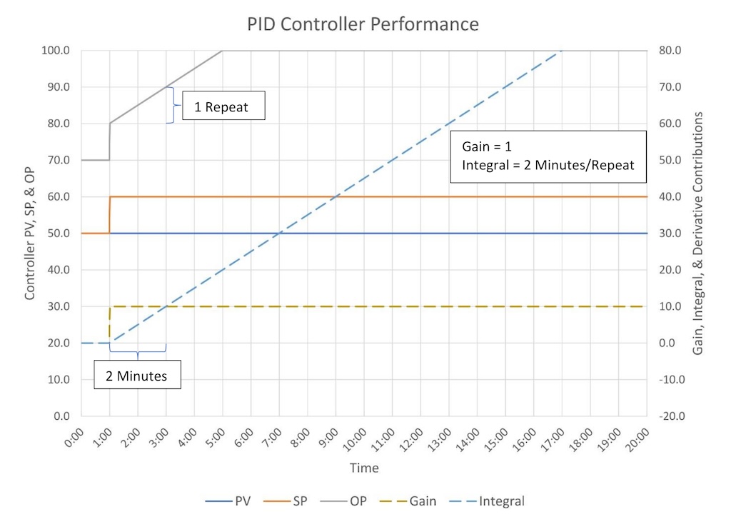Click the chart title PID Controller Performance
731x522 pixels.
click(x=363, y=24)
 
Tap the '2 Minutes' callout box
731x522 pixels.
click(x=137, y=376)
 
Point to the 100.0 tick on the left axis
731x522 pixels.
click(x=56, y=51)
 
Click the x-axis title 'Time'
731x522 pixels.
click(x=364, y=468)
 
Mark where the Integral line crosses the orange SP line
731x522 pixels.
click(x=336, y=196)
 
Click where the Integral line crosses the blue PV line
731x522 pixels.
click(x=279, y=234)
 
